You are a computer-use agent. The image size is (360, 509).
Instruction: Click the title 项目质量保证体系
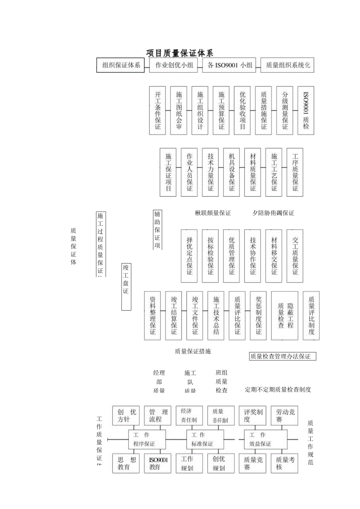(x=180, y=53)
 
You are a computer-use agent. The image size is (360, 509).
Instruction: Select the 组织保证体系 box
(x=121, y=65)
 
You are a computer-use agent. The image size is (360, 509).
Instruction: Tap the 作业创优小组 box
(x=174, y=65)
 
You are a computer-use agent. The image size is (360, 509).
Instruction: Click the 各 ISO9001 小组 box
(x=229, y=65)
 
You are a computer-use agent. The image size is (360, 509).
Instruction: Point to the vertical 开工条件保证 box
(x=158, y=111)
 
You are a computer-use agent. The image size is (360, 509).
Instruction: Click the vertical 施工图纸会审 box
(x=179, y=111)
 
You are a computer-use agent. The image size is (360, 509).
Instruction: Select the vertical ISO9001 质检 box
(x=306, y=111)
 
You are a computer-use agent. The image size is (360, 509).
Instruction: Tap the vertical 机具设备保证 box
(x=232, y=172)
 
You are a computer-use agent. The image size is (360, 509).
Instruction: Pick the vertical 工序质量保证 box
(x=295, y=172)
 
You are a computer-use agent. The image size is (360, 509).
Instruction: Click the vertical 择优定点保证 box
(x=189, y=256)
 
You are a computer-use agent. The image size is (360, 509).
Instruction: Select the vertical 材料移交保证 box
(x=274, y=256)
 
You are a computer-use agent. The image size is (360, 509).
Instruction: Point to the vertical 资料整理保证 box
(x=153, y=315)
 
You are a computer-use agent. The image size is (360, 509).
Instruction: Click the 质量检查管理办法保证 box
(x=283, y=356)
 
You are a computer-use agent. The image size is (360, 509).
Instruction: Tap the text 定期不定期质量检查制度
(x=278, y=390)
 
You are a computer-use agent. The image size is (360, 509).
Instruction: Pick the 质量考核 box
(x=286, y=463)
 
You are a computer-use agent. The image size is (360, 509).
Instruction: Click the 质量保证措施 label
(x=193, y=351)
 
